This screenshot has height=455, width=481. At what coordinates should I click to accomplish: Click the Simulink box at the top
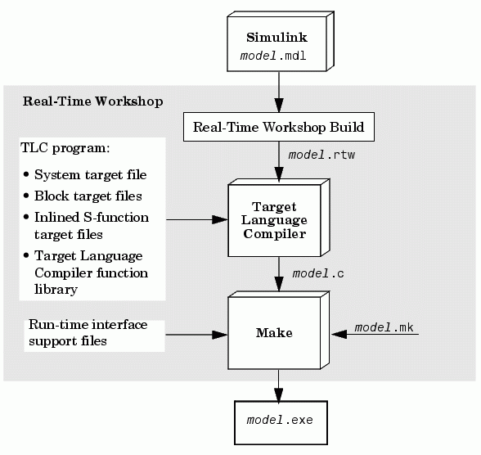[x=281, y=42]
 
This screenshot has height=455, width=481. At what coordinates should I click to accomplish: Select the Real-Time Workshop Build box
[x=279, y=127]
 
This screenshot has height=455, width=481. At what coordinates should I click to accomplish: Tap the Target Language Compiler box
[x=279, y=218]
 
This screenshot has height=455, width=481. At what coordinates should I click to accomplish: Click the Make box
[x=278, y=331]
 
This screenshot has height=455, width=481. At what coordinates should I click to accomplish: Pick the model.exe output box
[x=281, y=422]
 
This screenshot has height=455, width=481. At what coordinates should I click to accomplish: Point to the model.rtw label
[x=321, y=155]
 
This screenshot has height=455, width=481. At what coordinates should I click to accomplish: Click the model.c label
[x=318, y=273]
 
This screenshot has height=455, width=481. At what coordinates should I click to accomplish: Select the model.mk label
[x=384, y=327]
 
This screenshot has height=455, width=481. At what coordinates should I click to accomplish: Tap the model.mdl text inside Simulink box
[x=273, y=56]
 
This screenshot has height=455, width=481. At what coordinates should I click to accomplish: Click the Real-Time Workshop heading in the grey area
[x=92, y=101]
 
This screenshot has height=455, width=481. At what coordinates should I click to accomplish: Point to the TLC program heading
[x=65, y=148]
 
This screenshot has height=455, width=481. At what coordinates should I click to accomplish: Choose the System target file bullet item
[x=86, y=175]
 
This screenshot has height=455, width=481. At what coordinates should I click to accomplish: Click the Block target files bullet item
[x=83, y=196]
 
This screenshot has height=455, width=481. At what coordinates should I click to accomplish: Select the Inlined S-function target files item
[x=87, y=226]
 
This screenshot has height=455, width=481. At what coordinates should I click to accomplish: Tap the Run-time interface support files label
[x=88, y=333]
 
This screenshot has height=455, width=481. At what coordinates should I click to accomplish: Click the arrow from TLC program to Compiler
[x=197, y=219]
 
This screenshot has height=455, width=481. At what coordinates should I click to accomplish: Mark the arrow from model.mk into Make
[x=375, y=334]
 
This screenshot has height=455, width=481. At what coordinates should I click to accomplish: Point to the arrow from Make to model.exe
[x=278, y=386]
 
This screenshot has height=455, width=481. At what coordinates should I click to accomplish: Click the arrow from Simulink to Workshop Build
[x=279, y=92]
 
